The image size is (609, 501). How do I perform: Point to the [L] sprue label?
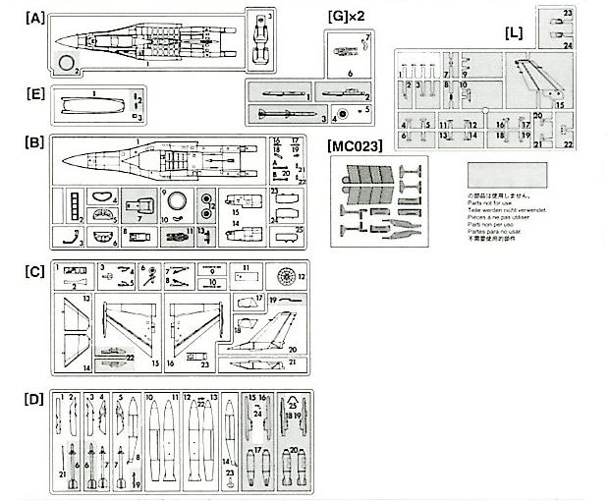click(513, 33)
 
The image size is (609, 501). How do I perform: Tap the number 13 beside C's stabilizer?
click(85, 298)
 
